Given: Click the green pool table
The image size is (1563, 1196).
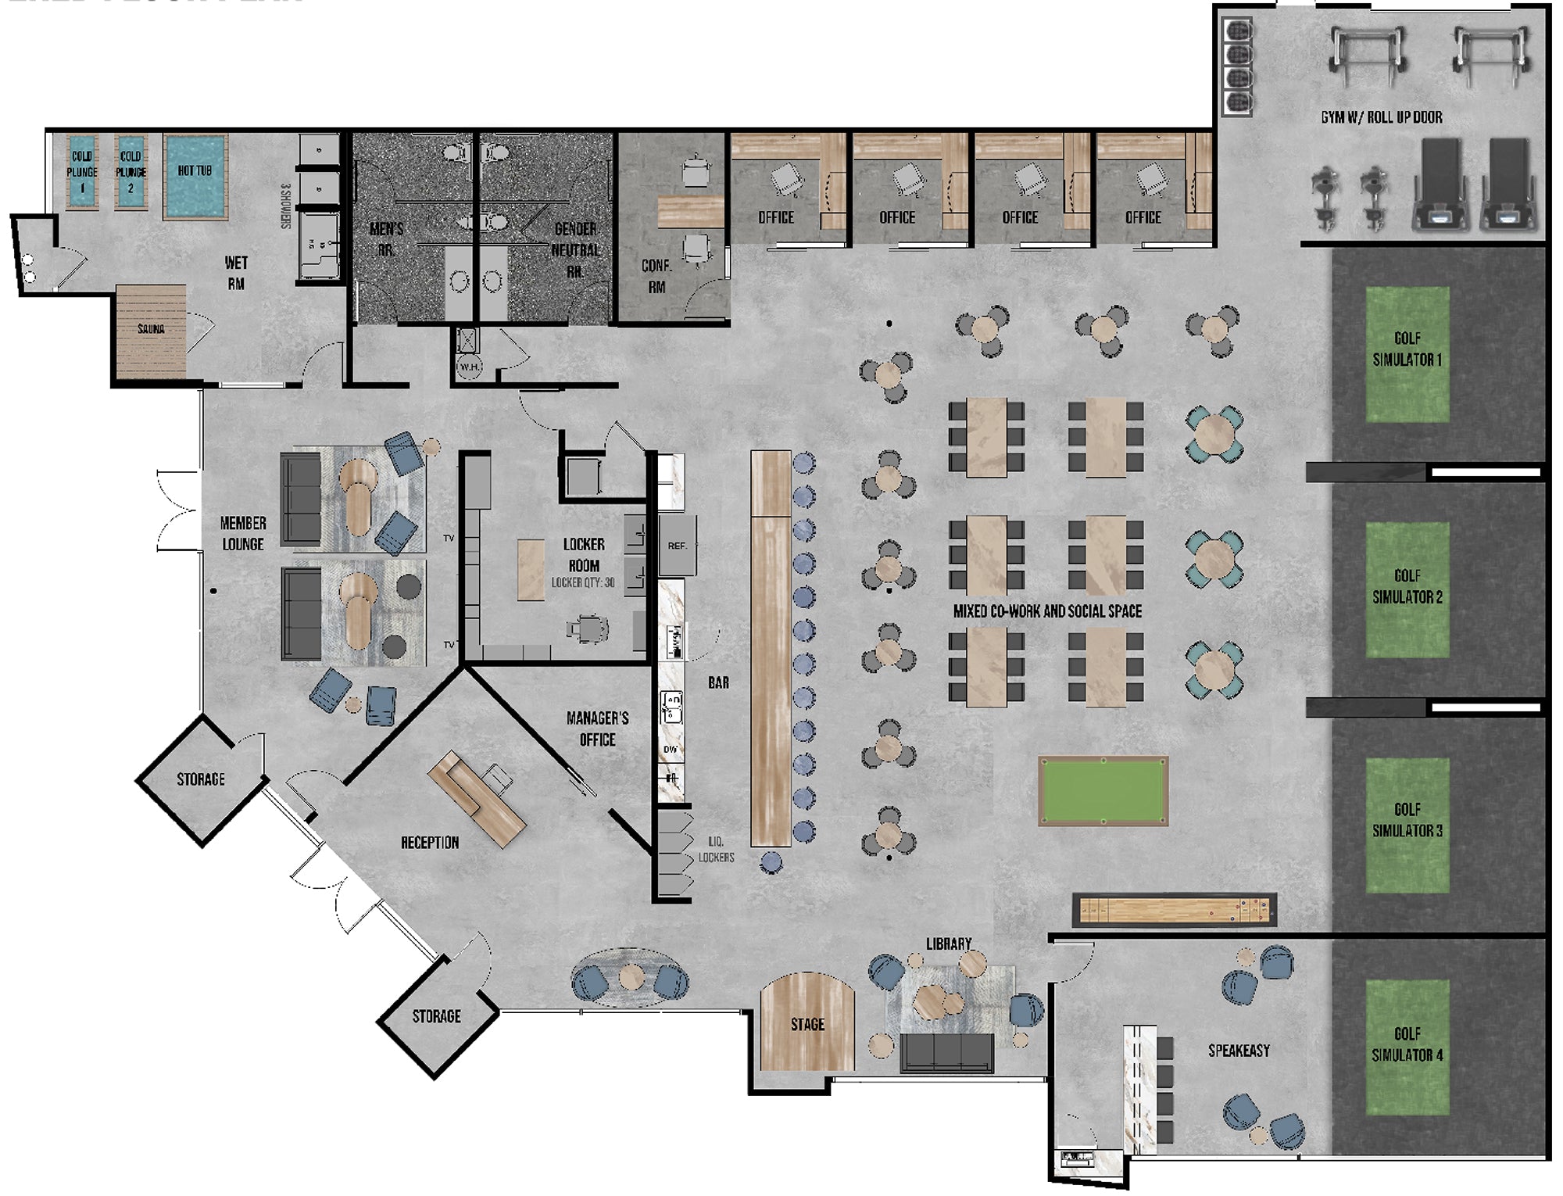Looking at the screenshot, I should click(x=1103, y=790).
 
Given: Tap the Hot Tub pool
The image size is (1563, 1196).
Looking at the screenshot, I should click(x=195, y=177).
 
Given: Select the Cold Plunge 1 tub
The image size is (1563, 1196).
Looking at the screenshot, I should click(x=82, y=172).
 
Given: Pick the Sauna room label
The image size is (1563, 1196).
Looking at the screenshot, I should click(x=151, y=329).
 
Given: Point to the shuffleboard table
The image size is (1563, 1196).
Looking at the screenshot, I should click(x=1175, y=910).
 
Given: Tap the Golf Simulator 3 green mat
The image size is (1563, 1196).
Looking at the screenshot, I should click(x=1407, y=825).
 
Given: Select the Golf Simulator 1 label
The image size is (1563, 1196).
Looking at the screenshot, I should click(x=1407, y=349).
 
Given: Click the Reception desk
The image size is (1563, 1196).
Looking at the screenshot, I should click(x=476, y=798).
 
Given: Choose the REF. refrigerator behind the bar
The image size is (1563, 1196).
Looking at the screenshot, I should click(x=677, y=545).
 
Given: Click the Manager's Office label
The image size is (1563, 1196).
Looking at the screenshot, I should click(x=597, y=729).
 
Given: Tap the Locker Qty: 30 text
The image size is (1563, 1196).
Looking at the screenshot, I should click(x=583, y=582).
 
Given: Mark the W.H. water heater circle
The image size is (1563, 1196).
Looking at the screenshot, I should click(x=469, y=367).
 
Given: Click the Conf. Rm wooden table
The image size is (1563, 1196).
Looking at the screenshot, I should click(x=690, y=212).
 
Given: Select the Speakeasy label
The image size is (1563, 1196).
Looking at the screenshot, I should click(x=1239, y=1051).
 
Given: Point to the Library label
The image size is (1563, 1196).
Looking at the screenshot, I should click(x=949, y=944).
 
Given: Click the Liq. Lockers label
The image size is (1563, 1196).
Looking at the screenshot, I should click(x=716, y=849).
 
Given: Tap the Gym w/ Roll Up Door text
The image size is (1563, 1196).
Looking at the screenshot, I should click(x=1381, y=117).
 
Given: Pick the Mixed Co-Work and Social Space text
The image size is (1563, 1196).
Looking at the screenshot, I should click(x=1047, y=611).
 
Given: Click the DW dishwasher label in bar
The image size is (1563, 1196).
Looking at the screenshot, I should click(x=671, y=750).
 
